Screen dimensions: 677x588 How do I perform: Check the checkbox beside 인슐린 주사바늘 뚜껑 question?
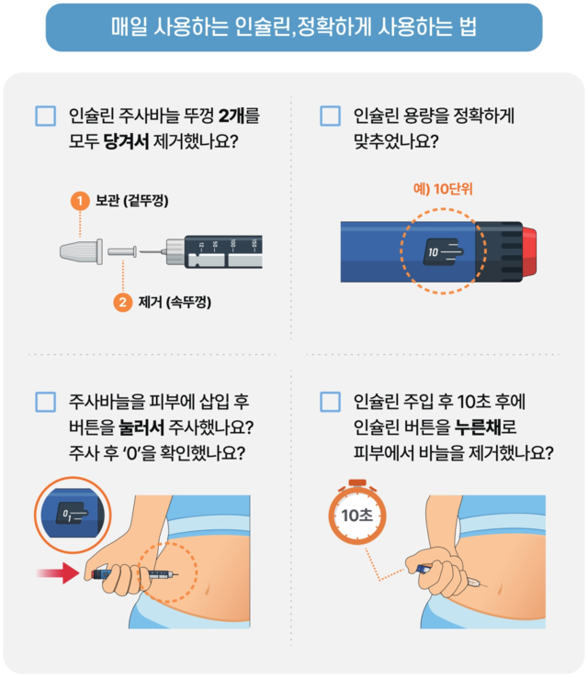[x=45, y=117]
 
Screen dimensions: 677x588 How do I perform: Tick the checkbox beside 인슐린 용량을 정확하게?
[x=330, y=117]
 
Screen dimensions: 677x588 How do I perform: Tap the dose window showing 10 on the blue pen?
[x=442, y=250]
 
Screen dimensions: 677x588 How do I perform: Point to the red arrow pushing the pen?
[x=58, y=573]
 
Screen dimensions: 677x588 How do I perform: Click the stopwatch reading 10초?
[x=356, y=515]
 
